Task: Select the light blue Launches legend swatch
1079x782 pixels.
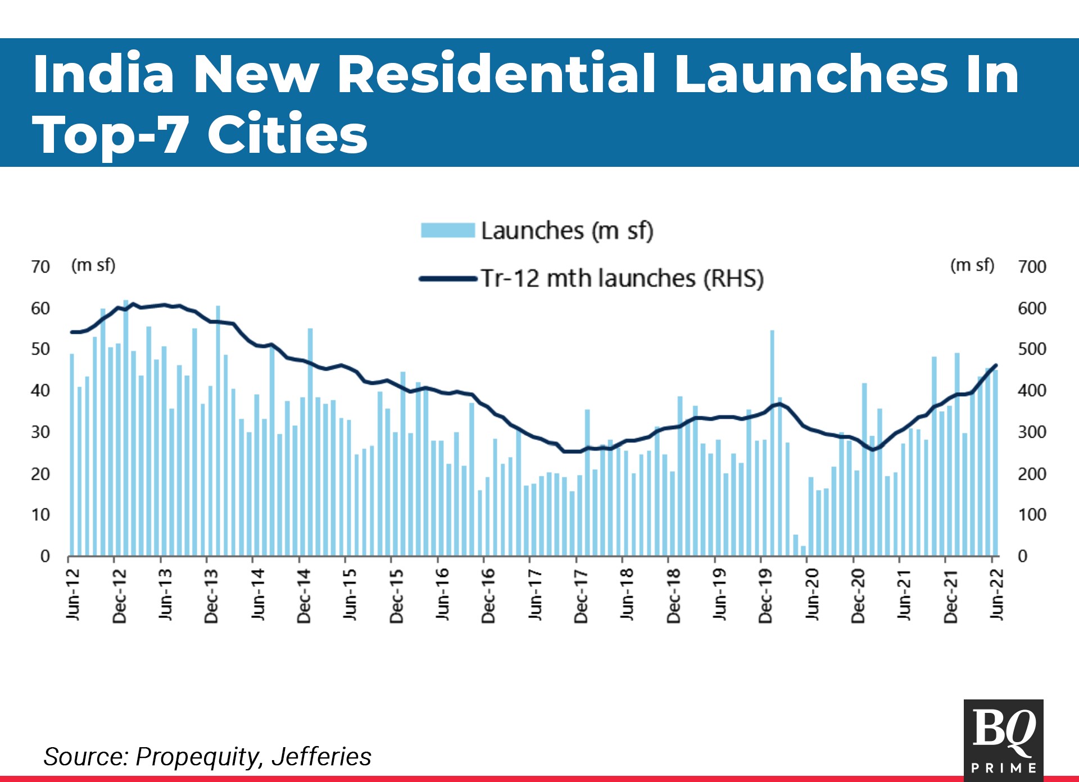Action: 448,230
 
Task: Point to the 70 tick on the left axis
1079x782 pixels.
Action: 40,266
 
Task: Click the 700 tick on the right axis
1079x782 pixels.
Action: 1032,266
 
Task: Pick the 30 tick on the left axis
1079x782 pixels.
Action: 40,432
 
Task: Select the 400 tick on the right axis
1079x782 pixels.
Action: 1032,390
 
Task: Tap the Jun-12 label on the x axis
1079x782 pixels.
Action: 73,594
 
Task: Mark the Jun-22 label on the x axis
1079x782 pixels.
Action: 997,594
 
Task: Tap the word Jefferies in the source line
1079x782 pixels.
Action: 321,757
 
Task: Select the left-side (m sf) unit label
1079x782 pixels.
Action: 93,265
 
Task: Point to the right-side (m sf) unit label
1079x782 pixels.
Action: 972,265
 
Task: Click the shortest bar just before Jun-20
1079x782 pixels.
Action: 803,551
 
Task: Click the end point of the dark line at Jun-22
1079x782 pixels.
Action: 996,365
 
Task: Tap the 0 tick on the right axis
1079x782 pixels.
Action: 1023,556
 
